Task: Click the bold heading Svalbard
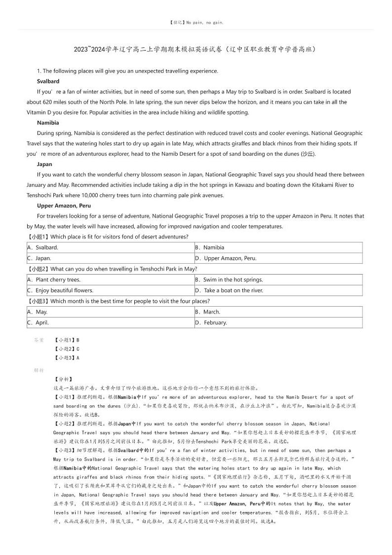(48, 81)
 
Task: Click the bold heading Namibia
(48, 122)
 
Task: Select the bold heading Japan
(44, 164)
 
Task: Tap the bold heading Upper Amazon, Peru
(64, 205)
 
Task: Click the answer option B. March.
(207, 312)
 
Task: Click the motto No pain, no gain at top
(196, 23)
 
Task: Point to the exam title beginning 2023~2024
(196, 49)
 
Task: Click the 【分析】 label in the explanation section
(63, 379)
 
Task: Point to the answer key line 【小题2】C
(66, 349)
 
